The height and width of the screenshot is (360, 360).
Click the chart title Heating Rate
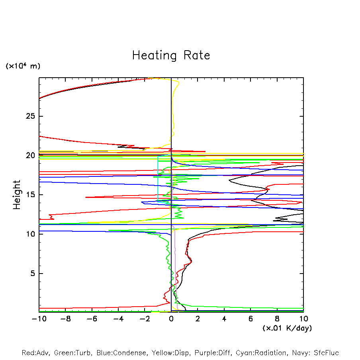click(x=171, y=55)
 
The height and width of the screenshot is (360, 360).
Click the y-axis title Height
click(x=17, y=195)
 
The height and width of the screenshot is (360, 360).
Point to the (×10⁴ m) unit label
click(x=23, y=66)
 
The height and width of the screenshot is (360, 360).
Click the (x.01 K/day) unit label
click(x=287, y=328)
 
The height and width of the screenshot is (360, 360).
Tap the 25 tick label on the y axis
click(x=31, y=116)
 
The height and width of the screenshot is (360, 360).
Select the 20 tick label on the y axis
click(x=31, y=156)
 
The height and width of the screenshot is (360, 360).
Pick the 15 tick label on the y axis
click(x=31, y=195)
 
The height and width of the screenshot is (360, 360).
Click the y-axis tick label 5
click(x=33, y=274)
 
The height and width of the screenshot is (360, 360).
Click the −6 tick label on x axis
click(x=92, y=319)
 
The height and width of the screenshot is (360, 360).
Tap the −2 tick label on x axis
click(x=144, y=319)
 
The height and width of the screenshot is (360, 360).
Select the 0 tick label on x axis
click(x=171, y=319)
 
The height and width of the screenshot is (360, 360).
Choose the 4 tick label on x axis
click(x=224, y=319)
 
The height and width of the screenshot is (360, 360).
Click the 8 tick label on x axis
click(x=277, y=319)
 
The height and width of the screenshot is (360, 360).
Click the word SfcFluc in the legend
click(x=326, y=353)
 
